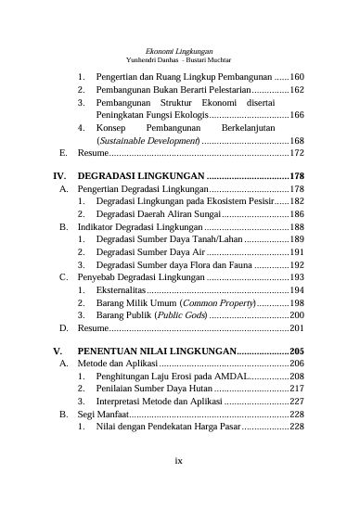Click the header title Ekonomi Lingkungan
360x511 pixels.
[x=180, y=50]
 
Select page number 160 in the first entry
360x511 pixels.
[x=298, y=76]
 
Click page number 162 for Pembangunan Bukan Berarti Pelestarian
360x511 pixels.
[x=298, y=90]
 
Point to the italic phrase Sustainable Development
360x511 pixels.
[x=150, y=140]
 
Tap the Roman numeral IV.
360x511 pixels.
[x=60, y=175]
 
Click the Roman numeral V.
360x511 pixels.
[x=58, y=352]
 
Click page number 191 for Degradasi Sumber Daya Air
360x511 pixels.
[x=298, y=251]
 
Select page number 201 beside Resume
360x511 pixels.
[x=298, y=328]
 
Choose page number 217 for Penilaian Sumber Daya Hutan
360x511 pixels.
[x=298, y=390]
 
